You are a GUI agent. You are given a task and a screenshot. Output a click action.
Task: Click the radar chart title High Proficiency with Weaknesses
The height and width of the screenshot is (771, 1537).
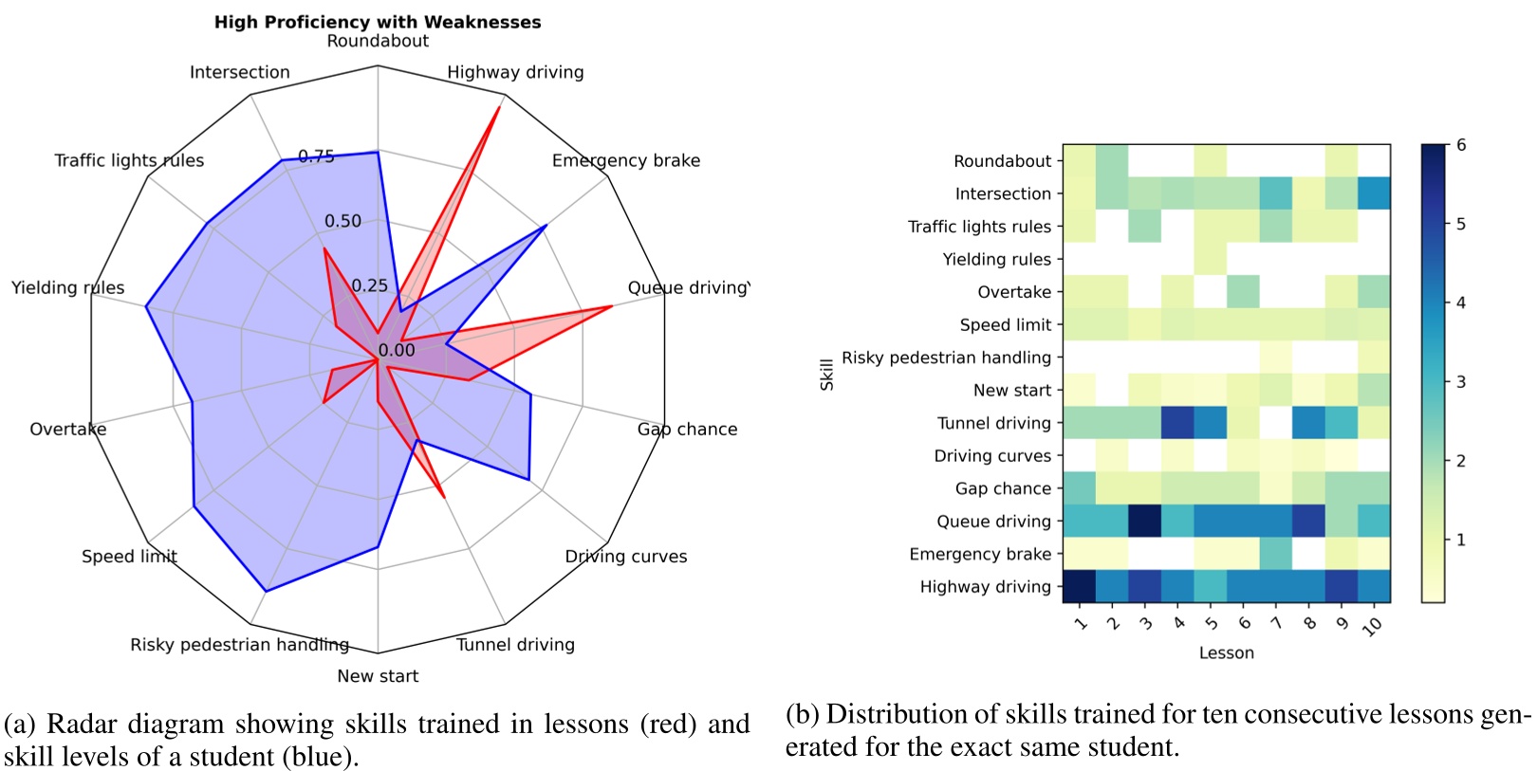[378, 22]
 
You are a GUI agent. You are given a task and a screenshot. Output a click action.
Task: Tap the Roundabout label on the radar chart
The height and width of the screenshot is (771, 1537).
[378, 41]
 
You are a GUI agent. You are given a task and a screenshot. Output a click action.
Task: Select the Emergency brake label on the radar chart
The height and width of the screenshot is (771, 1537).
[626, 160]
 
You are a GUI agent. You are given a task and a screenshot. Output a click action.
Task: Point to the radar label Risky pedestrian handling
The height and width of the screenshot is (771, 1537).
[239, 645]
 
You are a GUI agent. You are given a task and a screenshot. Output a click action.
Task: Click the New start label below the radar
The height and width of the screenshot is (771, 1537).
[378, 676]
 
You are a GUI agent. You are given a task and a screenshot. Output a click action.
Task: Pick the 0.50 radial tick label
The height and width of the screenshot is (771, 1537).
[343, 221]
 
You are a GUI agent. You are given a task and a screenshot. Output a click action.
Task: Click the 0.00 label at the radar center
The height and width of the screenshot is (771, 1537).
[397, 350]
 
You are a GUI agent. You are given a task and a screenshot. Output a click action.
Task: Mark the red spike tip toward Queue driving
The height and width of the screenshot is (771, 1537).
[612, 306]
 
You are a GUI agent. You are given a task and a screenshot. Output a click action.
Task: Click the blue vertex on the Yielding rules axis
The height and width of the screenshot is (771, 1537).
[145, 306]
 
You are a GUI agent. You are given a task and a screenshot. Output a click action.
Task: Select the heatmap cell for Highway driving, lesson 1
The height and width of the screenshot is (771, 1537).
[1079, 586]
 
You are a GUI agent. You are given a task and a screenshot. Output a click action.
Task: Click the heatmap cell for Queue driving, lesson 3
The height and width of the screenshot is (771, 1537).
[1144, 521]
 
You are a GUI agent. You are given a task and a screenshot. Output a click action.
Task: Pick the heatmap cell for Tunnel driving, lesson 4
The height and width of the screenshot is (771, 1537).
[1177, 423]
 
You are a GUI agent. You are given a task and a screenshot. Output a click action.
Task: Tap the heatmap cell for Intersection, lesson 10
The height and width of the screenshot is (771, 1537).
[1374, 193]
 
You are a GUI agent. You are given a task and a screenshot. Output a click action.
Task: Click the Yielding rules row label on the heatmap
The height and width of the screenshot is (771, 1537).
[996, 259]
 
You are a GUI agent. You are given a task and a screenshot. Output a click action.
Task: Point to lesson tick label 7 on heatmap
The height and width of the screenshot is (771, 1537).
[1275, 623]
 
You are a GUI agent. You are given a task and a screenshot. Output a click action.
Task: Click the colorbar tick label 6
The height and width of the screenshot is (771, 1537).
[1461, 145]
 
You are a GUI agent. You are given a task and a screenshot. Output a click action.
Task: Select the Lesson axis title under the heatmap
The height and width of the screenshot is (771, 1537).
[1226, 652]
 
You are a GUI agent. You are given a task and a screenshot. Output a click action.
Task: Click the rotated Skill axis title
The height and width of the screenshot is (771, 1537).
[826, 374]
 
